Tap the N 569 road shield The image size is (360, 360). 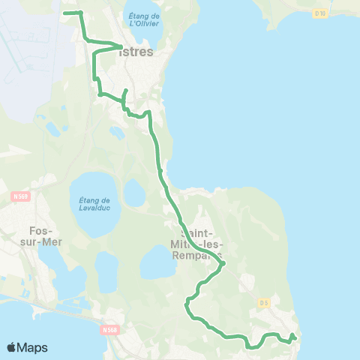(x=20, y=196)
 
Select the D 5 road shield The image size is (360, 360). (x=262, y=302)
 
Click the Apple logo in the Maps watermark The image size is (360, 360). (x=12, y=347)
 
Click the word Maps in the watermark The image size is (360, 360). (x=33, y=347)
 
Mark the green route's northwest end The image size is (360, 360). (x=63, y=13)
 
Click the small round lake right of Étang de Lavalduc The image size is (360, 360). (x=133, y=193)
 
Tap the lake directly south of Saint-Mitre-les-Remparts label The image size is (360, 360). (x=158, y=263)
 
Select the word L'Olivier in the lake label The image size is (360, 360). (x=144, y=23)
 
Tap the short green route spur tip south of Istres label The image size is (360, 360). (x=126, y=90)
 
